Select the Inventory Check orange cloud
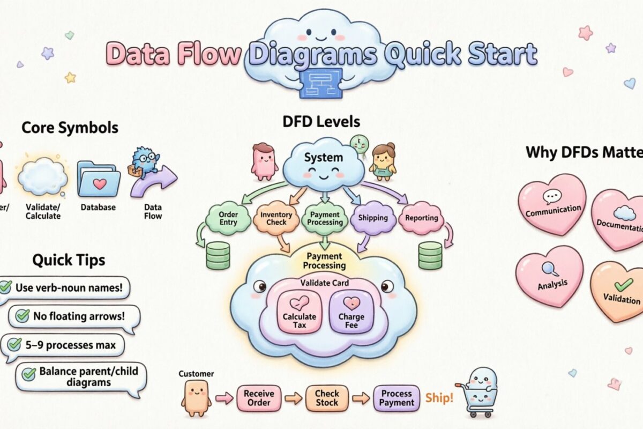coord(276,218)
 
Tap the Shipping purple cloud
coord(372,218)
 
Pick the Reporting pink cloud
coord(421,218)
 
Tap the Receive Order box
coord(259,398)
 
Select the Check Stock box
coord(326,398)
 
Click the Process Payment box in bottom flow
coord(397,398)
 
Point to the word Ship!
coord(439,398)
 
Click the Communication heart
coord(553,205)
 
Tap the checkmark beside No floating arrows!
coord(23,316)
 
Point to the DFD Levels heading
coord(321,122)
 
